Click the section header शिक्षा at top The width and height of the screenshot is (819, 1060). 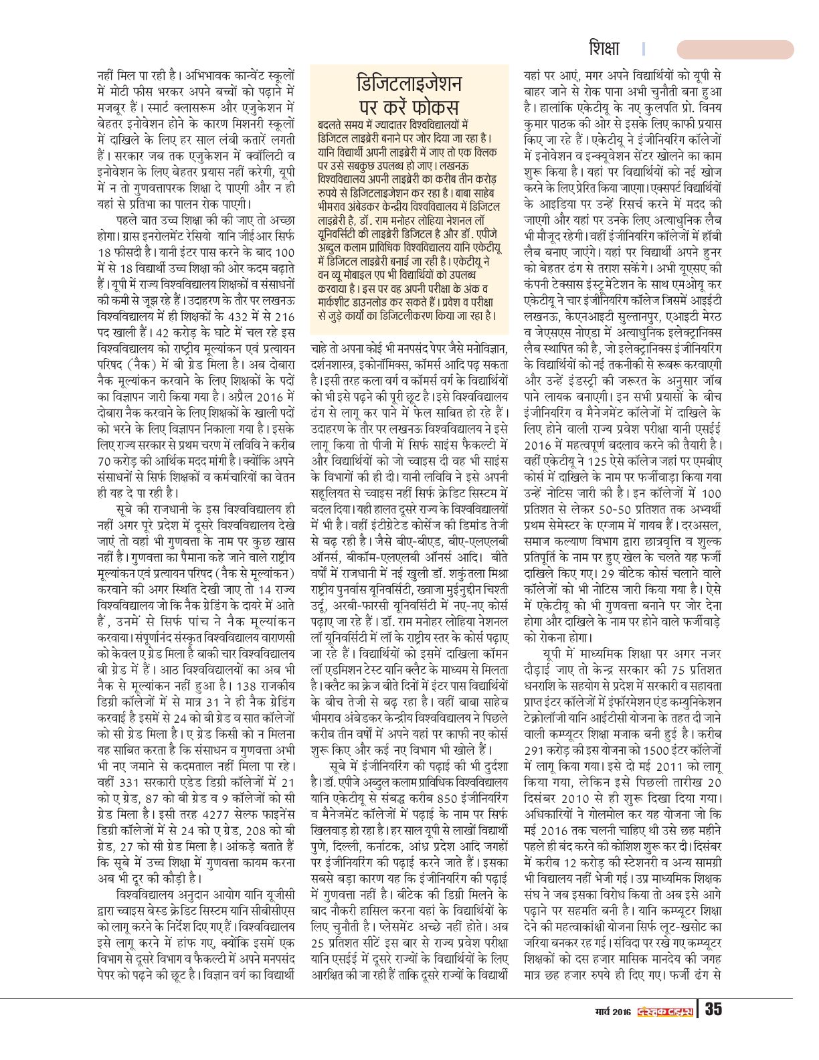coord(604,49)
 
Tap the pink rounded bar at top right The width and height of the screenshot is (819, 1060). coord(735,50)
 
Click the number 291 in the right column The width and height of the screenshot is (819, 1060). coord(538,745)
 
